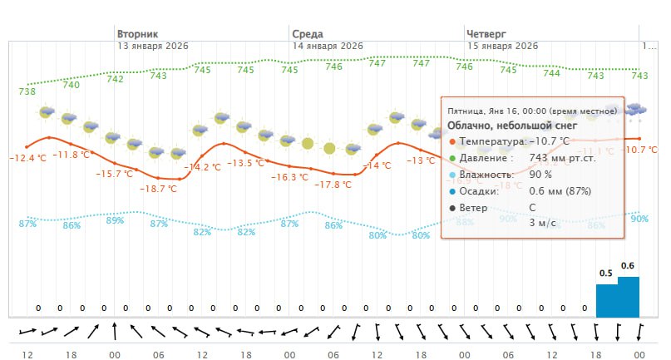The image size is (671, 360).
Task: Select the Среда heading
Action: (x=307, y=34)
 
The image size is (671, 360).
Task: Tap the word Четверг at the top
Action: (x=486, y=34)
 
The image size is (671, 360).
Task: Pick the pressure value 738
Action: (x=27, y=91)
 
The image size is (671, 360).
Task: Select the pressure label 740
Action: (x=72, y=84)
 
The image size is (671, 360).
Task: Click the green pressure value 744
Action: (x=551, y=73)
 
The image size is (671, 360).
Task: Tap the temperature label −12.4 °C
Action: (x=28, y=158)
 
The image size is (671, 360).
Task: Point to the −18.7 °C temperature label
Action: (x=157, y=189)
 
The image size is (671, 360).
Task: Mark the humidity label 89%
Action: (x=115, y=220)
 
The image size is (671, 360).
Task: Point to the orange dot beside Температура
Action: (x=451, y=142)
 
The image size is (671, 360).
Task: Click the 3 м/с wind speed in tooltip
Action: (x=541, y=222)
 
